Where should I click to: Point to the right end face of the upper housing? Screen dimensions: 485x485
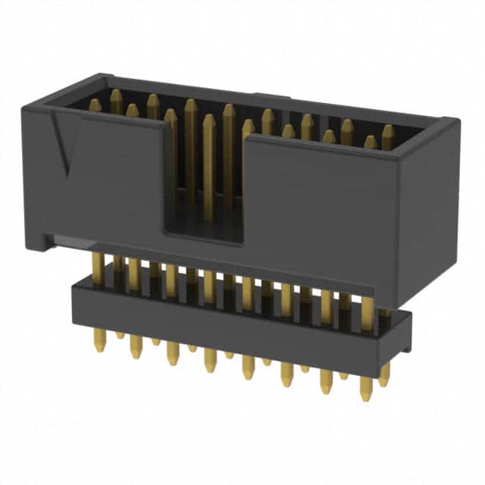tap(428, 212)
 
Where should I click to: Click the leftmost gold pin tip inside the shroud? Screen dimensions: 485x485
tap(95, 104)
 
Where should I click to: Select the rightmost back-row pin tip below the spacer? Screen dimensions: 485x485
tap(384, 379)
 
